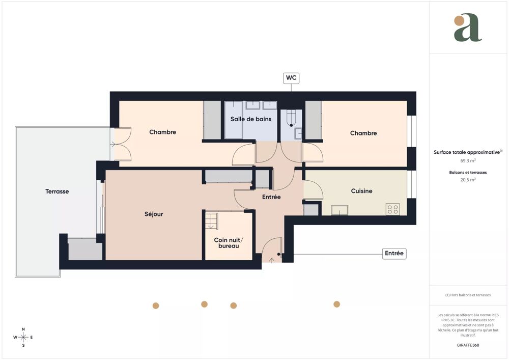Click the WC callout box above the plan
(x=291, y=78)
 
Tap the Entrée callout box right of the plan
(x=394, y=253)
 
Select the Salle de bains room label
(x=251, y=119)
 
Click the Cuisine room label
(x=361, y=191)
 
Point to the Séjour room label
(x=154, y=214)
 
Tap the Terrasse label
(x=57, y=191)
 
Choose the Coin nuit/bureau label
(x=229, y=243)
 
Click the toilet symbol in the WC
(x=291, y=118)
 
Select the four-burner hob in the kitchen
(x=392, y=209)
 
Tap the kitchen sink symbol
(x=340, y=210)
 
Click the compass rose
(x=23, y=337)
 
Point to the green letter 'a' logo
(x=467, y=28)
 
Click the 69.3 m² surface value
(x=468, y=160)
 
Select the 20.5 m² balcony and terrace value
(x=468, y=180)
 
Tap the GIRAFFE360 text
(x=468, y=345)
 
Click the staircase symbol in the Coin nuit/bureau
(x=211, y=221)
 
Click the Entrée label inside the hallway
(x=271, y=197)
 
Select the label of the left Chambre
(x=162, y=132)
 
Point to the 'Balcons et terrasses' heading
(x=468, y=173)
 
